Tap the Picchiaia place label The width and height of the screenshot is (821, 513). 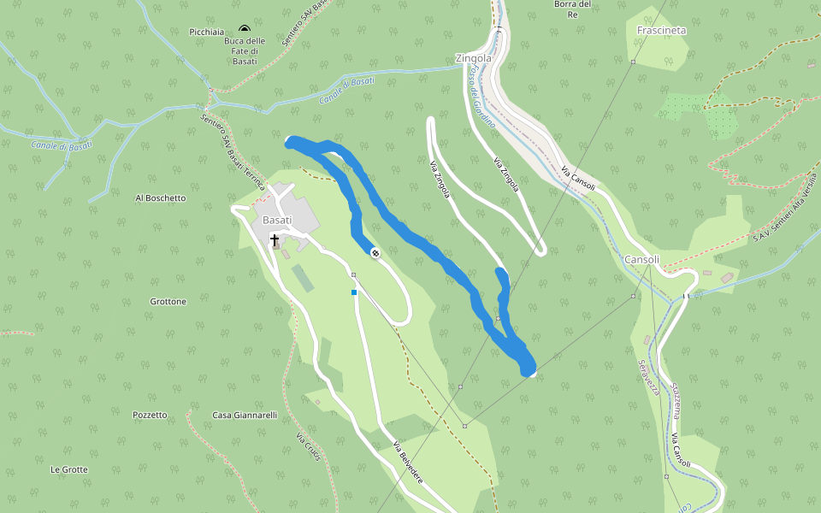(206, 32)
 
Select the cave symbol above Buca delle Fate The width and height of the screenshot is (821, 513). (245, 29)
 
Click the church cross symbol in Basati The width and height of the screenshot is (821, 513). (275, 240)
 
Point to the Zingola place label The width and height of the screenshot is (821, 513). (474, 58)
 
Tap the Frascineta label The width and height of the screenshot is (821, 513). (662, 30)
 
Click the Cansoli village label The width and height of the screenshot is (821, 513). (641, 259)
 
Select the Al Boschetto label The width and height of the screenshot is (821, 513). (160, 198)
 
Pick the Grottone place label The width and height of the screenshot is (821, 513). (168, 301)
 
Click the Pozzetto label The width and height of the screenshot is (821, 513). (150, 415)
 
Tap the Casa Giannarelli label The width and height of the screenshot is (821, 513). (245, 415)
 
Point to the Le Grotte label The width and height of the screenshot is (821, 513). (68, 469)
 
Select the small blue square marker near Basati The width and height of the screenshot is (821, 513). (354, 292)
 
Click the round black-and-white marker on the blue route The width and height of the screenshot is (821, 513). (375, 252)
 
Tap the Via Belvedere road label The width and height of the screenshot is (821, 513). (408, 463)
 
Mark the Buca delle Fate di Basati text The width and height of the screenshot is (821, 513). (245, 50)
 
